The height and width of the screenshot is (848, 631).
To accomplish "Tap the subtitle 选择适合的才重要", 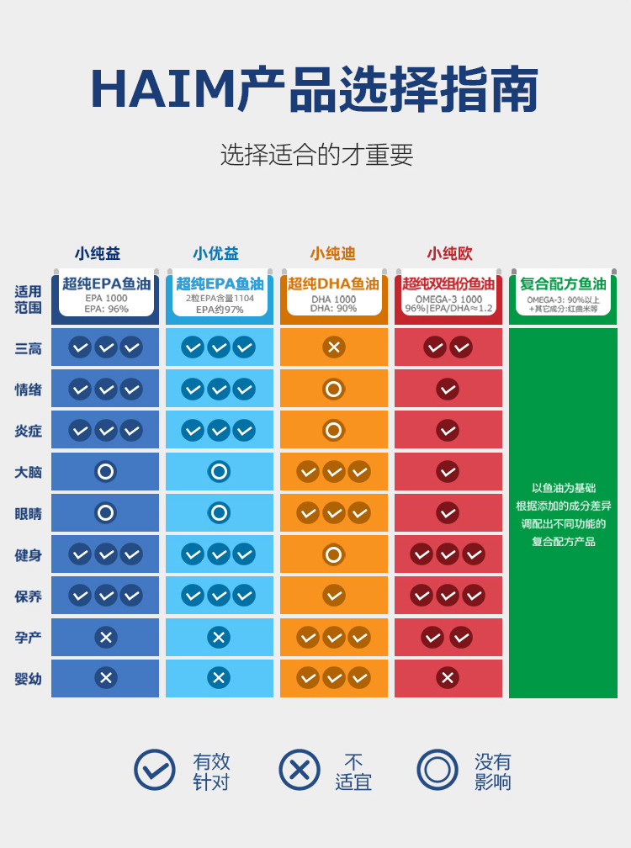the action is coord(316,155).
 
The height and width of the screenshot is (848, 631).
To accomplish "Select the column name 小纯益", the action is coord(98,253).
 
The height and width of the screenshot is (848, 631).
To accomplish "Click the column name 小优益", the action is coord(216,253).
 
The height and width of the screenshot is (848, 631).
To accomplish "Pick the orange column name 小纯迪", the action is coord(333,253).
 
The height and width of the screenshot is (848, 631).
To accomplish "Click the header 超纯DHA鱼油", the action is coord(333,284).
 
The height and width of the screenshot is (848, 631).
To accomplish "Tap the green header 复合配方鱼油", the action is coord(563,284).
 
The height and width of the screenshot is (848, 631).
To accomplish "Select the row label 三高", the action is coord(28,347).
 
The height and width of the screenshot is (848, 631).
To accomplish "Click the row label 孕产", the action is coord(28,638).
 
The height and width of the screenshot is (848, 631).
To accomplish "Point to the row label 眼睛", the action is coord(28,513).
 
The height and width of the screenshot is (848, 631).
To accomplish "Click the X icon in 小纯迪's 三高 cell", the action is coord(334,347).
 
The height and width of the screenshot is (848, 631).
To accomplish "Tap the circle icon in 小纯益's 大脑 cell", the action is coord(105,472).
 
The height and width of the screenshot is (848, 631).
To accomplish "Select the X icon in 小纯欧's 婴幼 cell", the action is coord(448,678).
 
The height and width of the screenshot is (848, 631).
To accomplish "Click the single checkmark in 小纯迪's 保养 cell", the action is coord(334,596).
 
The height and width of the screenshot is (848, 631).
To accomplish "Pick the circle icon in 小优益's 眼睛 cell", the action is coord(219,513).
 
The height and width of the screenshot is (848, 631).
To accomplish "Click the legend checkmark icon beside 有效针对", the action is coord(155,770).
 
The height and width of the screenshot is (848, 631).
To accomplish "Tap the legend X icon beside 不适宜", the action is coord(300,770).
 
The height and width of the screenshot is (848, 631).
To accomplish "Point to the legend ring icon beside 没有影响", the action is coord(437,770).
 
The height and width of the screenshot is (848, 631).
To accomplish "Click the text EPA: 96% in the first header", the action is coord(106,309).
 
